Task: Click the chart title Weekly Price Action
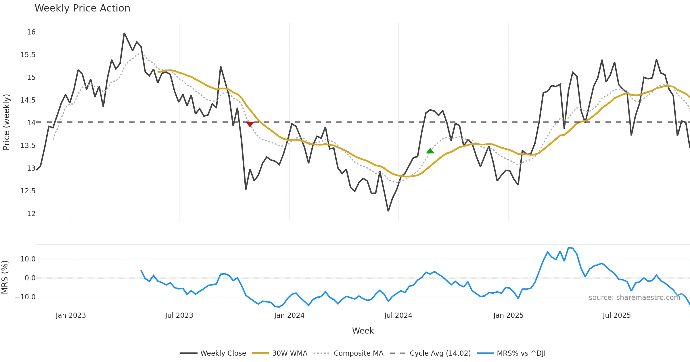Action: (x=82, y=8)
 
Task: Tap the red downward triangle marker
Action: (x=250, y=124)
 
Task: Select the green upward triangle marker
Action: (x=430, y=151)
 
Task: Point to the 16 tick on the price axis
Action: (x=31, y=32)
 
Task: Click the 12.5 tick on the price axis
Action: (x=28, y=191)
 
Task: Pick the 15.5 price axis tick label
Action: (x=28, y=55)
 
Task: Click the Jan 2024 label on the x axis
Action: (x=289, y=315)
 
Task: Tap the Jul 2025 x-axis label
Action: (x=617, y=315)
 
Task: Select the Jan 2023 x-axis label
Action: (x=71, y=315)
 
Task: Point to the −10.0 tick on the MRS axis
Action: (x=25, y=297)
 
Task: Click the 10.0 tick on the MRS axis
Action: (x=28, y=259)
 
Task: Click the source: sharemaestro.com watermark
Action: (x=634, y=298)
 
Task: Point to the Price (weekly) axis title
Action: (x=6, y=122)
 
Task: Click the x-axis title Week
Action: (x=363, y=331)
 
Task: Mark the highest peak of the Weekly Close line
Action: (x=124, y=33)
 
